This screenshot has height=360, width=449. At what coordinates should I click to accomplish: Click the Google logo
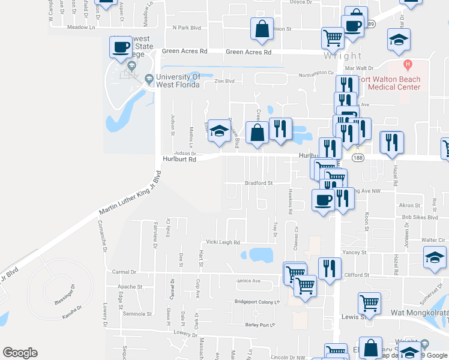coord(20,353)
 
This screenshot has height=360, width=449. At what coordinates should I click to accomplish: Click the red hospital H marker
coord(408,64)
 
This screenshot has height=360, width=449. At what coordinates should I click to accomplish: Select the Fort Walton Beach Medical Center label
coord(390,83)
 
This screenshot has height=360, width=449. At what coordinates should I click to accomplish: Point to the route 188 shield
coord(358,158)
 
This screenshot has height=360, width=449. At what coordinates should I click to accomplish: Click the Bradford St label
coord(259,183)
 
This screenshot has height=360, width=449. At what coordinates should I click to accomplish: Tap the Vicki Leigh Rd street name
coord(223,242)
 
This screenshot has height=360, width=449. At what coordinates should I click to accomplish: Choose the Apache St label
coord(130,287)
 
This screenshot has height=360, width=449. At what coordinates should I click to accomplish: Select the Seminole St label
coord(137,314)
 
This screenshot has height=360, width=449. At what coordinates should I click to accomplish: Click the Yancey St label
coord(354,253)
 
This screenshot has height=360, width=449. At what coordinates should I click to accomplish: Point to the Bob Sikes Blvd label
coord(420,218)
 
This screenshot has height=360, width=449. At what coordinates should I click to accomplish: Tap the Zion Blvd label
coord(224,81)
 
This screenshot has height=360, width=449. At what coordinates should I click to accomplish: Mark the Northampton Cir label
coord(316,73)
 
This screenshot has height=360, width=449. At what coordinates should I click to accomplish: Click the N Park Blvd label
coord(187,28)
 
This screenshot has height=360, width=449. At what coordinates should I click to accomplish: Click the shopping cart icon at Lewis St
coord(370,302)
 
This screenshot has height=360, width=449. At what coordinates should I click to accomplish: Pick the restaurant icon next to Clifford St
coord(330,268)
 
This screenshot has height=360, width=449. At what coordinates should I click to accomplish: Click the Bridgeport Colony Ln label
coord(258,301)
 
